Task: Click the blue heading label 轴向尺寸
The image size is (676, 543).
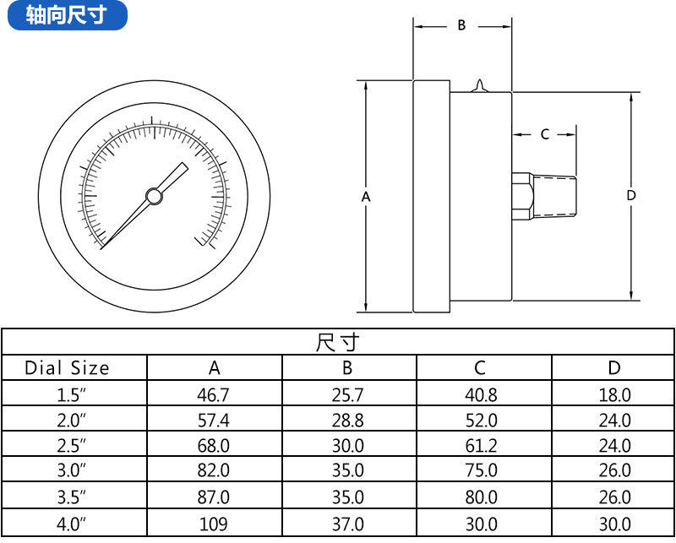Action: (x=67, y=15)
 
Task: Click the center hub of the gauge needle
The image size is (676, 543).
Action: (x=154, y=196)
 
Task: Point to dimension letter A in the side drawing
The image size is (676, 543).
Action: (x=366, y=196)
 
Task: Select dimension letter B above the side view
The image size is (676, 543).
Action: (x=461, y=25)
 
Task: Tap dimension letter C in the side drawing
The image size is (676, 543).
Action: (x=544, y=133)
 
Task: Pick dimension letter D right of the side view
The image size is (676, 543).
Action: (x=631, y=195)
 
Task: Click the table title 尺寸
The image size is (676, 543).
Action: (x=337, y=343)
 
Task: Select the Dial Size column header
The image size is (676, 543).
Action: (x=67, y=368)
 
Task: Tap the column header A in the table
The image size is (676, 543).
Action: (x=215, y=368)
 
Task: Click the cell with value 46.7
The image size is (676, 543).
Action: (x=215, y=394)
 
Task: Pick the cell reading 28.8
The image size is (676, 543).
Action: (x=348, y=420)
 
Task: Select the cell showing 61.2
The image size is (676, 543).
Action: (x=482, y=446)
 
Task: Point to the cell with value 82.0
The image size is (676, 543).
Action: (x=215, y=471)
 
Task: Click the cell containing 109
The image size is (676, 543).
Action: (x=215, y=524)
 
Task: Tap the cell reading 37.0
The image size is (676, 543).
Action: (x=348, y=524)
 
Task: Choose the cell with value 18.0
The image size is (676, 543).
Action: (x=614, y=394)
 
